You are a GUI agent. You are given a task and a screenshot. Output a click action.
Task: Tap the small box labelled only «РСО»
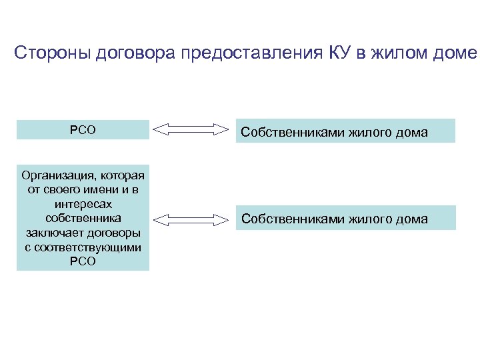click(x=83, y=130)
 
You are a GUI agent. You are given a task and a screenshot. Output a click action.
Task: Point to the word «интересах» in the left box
click(x=83, y=204)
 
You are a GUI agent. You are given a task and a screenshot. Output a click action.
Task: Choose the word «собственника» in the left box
click(x=83, y=218)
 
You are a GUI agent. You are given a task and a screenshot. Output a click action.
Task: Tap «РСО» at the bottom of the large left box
click(x=83, y=261)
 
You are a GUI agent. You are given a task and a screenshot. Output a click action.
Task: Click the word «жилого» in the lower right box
click(x=366, y=219)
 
